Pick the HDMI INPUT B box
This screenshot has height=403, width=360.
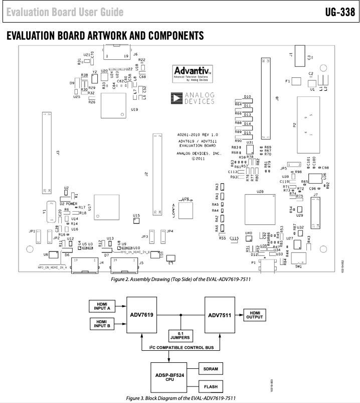point(102,324)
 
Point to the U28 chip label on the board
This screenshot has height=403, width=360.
point(260,191)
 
